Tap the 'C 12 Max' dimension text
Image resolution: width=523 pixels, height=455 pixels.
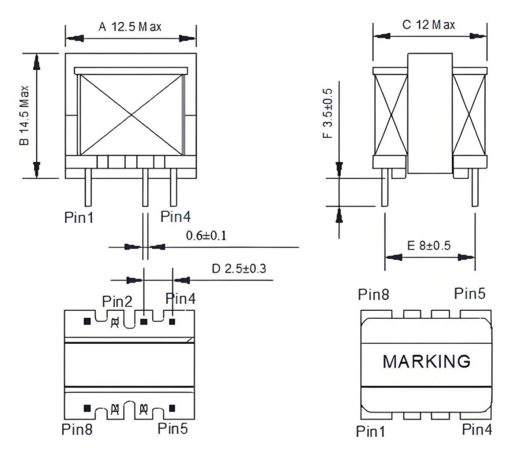pyautogui.click(x=429, y=24)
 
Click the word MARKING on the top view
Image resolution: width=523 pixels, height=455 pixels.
pyautogui.click(x=427, y=361)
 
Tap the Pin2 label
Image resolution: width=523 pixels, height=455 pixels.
pyautogui.click(x=117, y=302)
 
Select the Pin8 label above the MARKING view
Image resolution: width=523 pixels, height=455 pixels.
pyautogui.click(x=373, y=295)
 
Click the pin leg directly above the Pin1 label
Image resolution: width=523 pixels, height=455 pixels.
pyautogui.click(x=87, y=192)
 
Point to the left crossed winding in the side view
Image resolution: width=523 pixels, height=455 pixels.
pyautogui.click(x=391, y=115)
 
